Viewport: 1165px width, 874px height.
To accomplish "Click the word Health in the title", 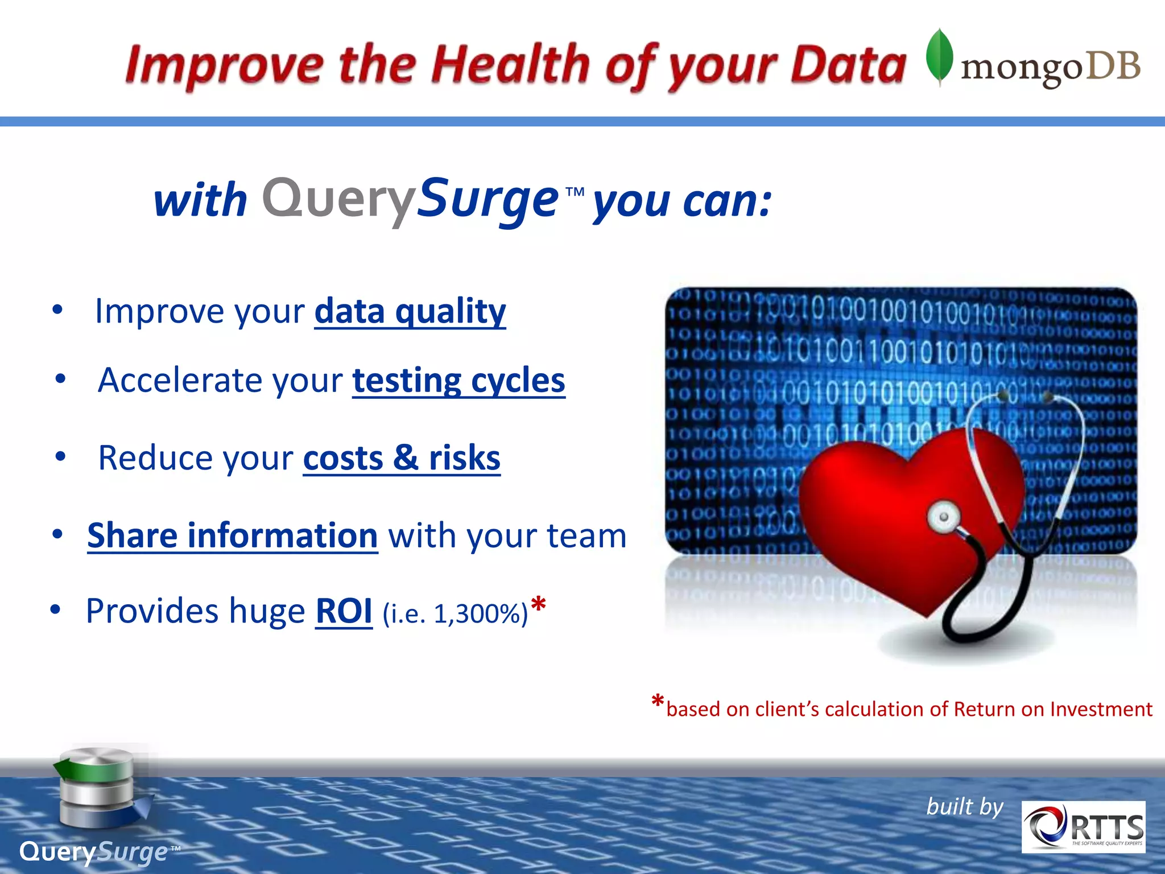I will coord(510,64).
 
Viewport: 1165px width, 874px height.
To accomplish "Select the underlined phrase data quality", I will coord(410,311).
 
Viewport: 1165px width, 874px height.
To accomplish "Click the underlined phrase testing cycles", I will coord(458,380).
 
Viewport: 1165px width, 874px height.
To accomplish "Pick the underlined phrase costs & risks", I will coord(402,457).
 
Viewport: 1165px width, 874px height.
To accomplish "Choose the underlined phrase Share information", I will coord(232,535).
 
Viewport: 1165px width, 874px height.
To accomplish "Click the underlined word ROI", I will coord(344,611).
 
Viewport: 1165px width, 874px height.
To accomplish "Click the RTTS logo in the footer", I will coord(1083,827).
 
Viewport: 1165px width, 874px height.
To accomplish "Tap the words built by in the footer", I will coord(964,806).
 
